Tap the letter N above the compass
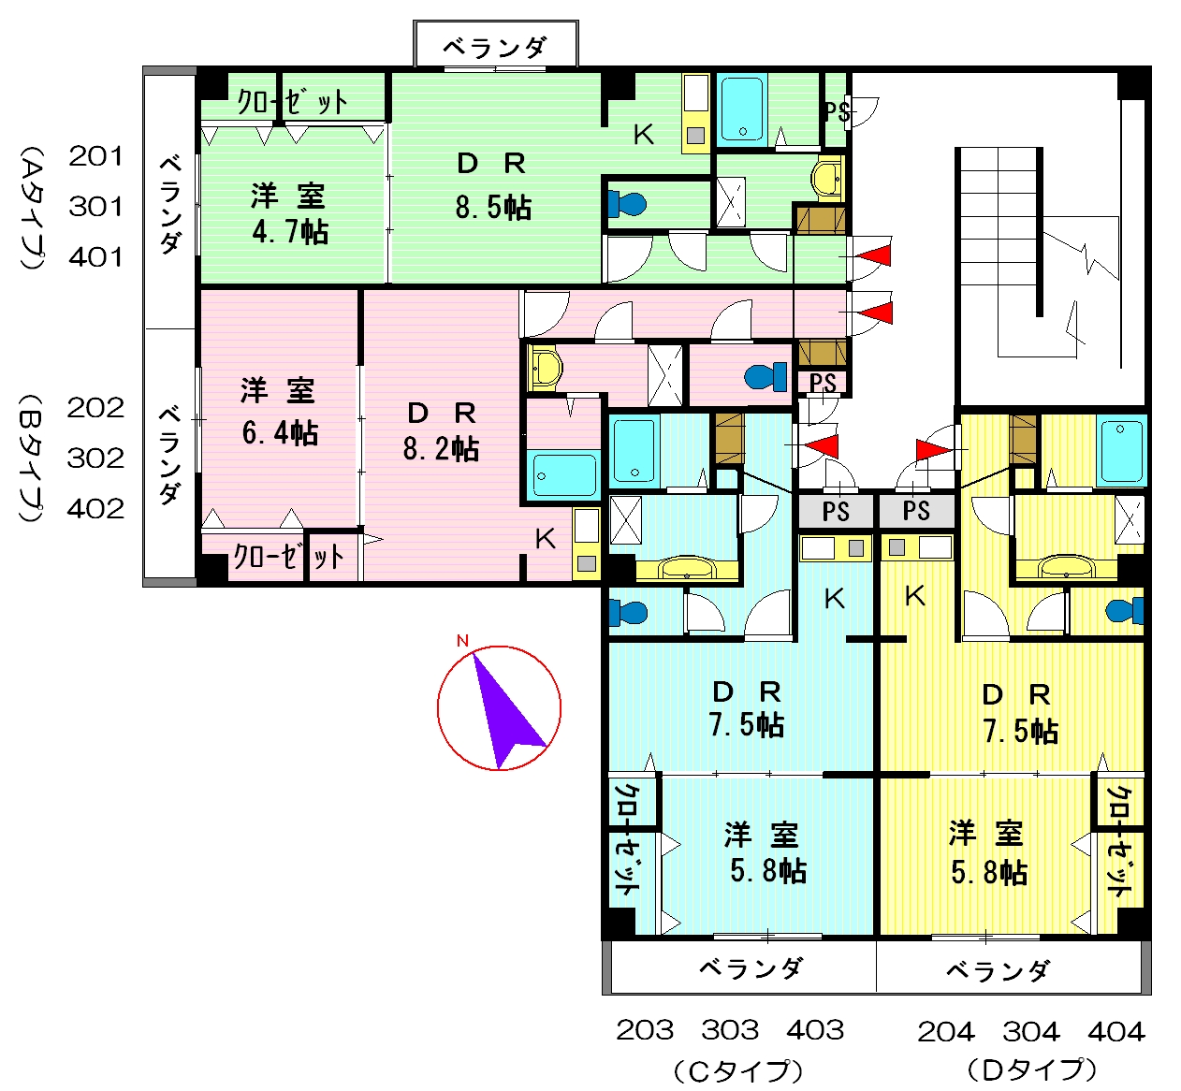(x=462, y=641)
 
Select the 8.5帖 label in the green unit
(x=493, y=209)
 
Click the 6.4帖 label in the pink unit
(x=280, y=433)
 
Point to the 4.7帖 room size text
(x=290, y=232)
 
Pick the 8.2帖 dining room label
(x=442, y=449)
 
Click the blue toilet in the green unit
(x=627, y=204)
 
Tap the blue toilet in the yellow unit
(x=1125, y=610)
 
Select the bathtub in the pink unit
(x=563, y=475)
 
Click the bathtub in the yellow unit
(x=1121, y=451)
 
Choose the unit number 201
(x=95, y=156)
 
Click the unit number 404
(x=1116, y=1032)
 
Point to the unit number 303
(x=730, y=1030)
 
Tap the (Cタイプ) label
(x=738, y=1071)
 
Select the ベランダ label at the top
(x=495, y=47)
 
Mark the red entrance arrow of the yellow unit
(x=934, y=450)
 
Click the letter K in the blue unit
(x=835, y=599)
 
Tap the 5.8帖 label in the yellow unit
(x=989, y=873)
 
